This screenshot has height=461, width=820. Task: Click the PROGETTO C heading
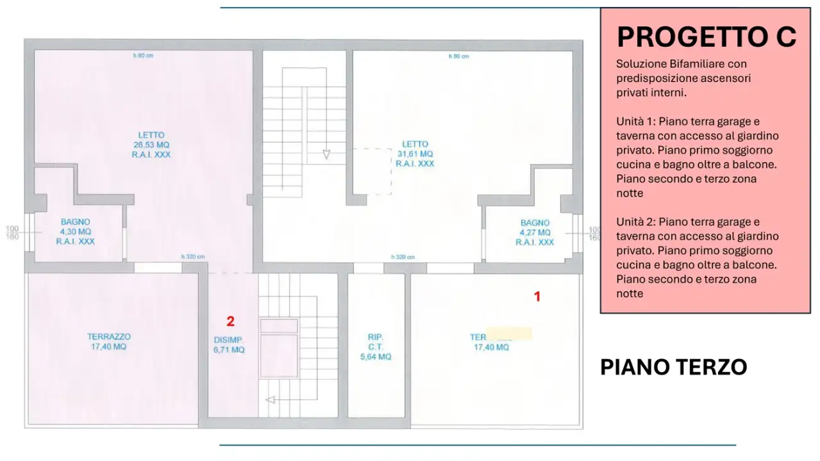[x=707, y=37]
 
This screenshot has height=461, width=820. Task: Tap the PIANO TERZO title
[x=673, y=368]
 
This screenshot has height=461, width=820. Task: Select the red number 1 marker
[x=537, y=296]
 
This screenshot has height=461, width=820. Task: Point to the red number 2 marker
[x=230, y=321]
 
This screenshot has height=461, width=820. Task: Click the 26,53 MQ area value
[x=151, y=145]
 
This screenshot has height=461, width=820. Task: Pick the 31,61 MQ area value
[x=414, y=154]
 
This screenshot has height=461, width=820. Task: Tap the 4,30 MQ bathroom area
[x=76, y=232]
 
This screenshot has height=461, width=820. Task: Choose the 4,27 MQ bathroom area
[x=535, y=232]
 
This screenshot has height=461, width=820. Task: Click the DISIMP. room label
[x=228, y=340]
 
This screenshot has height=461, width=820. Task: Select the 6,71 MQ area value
[x=228, y=350]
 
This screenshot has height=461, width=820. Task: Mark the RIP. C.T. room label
[x=376, y=342]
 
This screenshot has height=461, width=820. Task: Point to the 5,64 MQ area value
[x=376, y=357]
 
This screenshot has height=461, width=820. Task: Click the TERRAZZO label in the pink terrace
[x=109, y=337]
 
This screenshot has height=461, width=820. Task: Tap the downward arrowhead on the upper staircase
[x=326, y=154]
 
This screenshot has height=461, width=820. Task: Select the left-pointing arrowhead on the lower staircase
[x=270, y=400]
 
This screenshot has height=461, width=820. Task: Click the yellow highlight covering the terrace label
[x=509, y=334]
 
